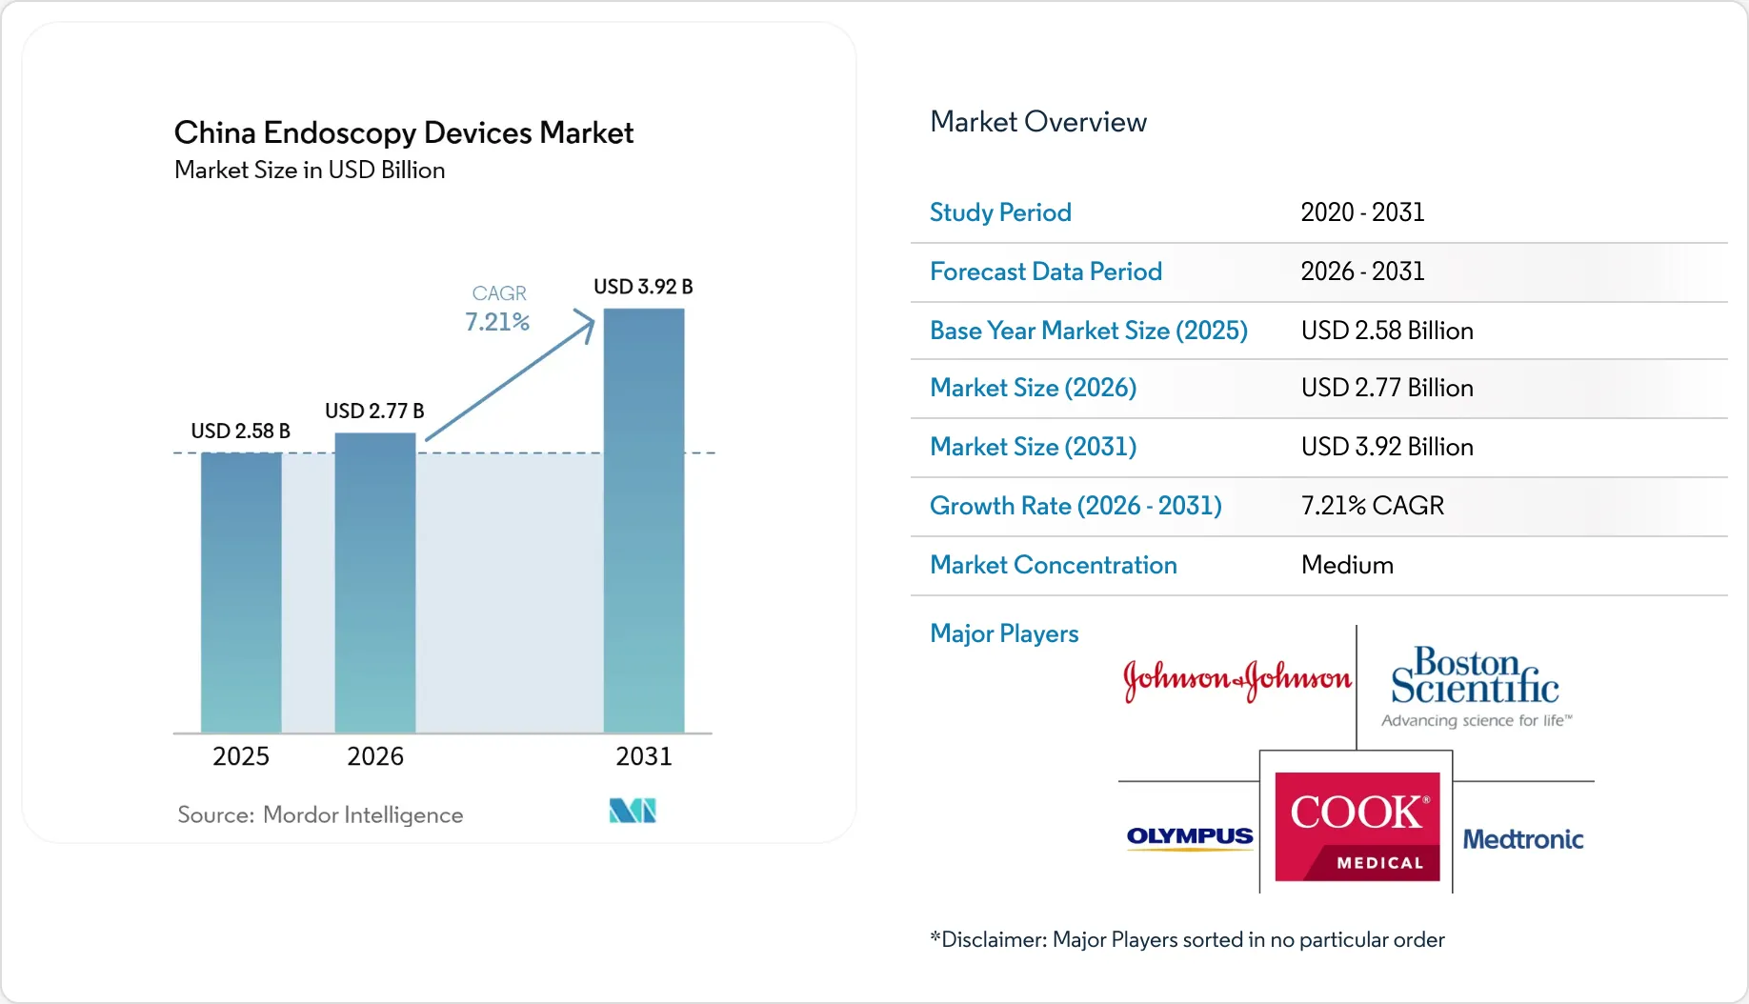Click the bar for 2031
click(x=644, y=521)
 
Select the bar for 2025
click(x=241, y=592)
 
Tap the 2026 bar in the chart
click(x=375, y=583)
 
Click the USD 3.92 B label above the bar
click(x=643, y=287)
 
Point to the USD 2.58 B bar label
click(x=240, y=431)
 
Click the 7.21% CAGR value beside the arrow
click(x=496, y=322)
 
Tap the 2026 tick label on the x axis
click(x=375, y=756)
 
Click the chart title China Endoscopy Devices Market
click(x=403, y=132)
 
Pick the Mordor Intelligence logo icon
click(x=633, y=811)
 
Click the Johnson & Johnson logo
click(x=1236, y=679)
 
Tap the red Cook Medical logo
click(x=1357, y=826)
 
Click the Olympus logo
click(x=1190, y=836)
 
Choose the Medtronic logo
click(x=1522, y=839)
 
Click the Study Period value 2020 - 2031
click(x=1362, y=212)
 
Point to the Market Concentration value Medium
click(x=1347, y=565)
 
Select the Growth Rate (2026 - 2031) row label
click(x=1076, y=506)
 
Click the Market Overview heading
click(x=1037, y=122)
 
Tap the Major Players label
click(x=1004, y=633)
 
